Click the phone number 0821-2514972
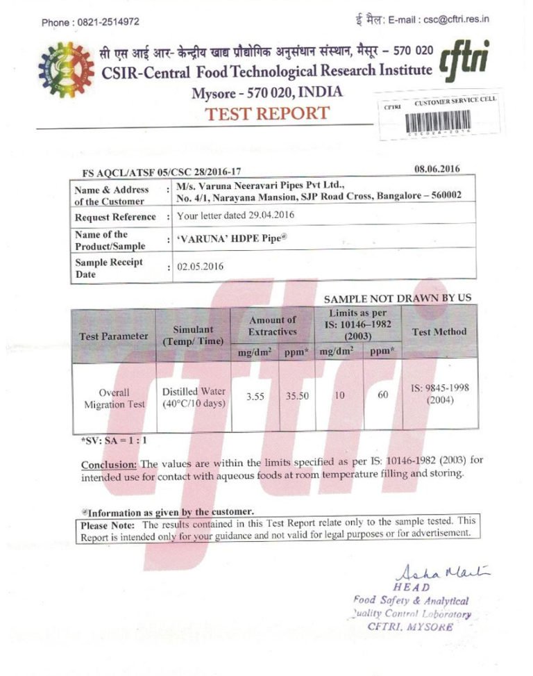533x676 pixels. pos(110,22)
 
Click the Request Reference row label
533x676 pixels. pos(116,217)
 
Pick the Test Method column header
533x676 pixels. pos(439,332)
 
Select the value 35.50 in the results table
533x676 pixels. pos(297,396)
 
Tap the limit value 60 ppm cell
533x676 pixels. pos(383,396)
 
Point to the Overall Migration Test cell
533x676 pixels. pos(114,398)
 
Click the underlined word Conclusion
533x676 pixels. pos(109,464)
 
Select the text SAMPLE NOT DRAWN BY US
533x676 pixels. pos(398,298)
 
